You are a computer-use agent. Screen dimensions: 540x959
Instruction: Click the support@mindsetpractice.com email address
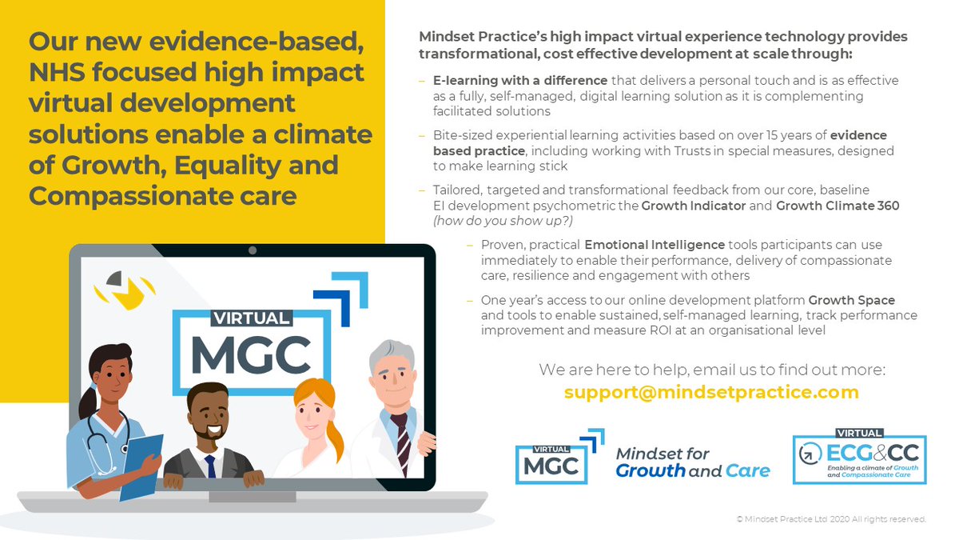[711, 393]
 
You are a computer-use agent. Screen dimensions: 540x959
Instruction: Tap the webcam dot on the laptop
[253, 251]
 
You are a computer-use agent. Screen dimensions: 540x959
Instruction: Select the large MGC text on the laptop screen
[250, 355]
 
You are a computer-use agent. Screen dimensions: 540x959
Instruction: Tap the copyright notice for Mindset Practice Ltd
[831, 519]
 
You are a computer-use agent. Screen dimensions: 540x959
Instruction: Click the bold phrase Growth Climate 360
[838, 206]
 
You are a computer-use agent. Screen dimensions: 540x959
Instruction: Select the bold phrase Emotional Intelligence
[655, 245]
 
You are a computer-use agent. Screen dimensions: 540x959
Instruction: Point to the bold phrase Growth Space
[851, 300]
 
